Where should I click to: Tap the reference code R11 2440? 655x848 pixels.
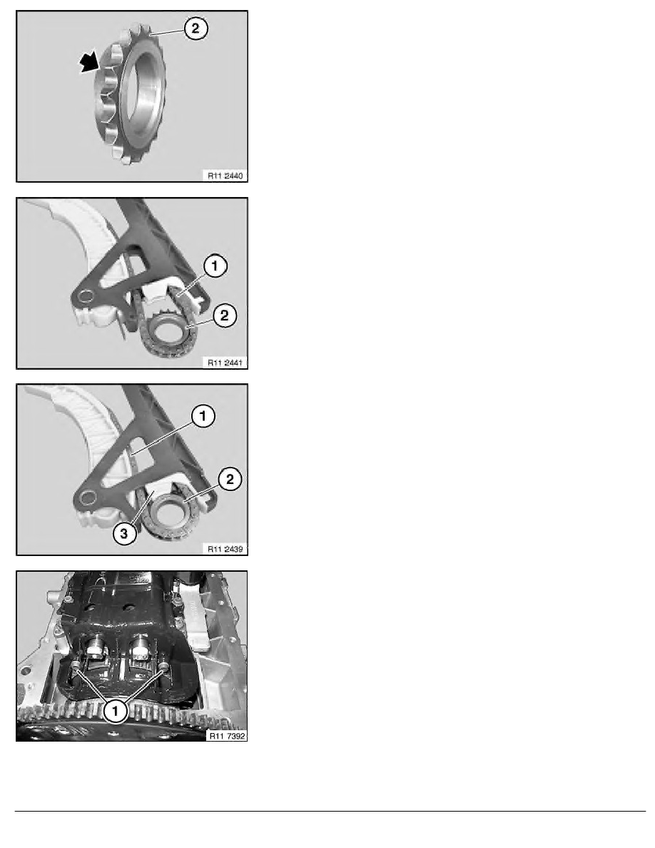pyautogui.click(x=223, y=173)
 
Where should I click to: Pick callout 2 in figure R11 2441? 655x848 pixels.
pyautogui.click(x=222, y=315)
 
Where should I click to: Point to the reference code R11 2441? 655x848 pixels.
pyautogui.click(x=223, y=361)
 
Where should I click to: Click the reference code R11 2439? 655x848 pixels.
pyautogui.click(x=223, y=548)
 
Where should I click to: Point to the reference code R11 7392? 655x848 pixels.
pyautogui.click(x=223, y=734)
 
